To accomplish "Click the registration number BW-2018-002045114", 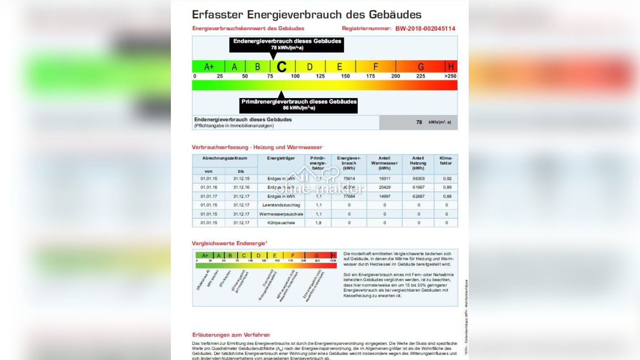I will pos(425,28).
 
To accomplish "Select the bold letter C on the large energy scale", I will pos(281,67).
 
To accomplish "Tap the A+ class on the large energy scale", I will pos(209,67).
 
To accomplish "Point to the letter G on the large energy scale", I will pos(421,67).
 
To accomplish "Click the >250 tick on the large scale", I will pos(450,76).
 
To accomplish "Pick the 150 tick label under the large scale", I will pos(345,76).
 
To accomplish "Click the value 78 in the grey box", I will pos(419,122).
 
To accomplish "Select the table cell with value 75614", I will pos(349,179).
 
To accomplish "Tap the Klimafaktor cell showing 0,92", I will pos(447,179).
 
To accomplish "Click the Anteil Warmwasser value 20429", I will pos(385,187).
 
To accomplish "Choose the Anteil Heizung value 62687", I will pos(418,196).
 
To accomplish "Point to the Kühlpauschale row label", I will pos(281,223).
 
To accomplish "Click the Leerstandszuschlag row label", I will pos(281,205).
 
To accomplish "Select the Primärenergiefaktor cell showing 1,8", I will pos(318,223).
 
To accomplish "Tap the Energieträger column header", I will pos(281,158).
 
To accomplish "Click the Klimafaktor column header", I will pos(446,161).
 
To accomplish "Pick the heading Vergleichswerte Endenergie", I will pos(229,243).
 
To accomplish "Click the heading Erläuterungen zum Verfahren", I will pos(231,335).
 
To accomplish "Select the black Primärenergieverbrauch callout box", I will pos(299,105).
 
